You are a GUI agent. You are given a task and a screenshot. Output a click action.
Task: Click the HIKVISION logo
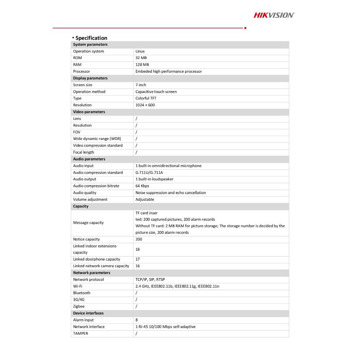click(x=274, y=15)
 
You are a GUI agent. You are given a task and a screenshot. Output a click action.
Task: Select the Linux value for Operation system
click(x=140, y=51)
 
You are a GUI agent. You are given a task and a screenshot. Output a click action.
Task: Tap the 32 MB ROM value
click(x=141, y=58)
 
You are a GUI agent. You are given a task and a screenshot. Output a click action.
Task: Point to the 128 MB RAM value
click(x=142, y=65)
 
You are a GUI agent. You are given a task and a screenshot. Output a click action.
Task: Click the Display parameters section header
click(x=90, y=78)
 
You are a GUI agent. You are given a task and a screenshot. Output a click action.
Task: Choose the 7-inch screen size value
click(x=141, y=85)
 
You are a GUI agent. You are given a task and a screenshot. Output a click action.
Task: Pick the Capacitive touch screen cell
click(x=156, y=92)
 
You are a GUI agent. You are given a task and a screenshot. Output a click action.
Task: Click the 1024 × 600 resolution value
click(x=145, y=105)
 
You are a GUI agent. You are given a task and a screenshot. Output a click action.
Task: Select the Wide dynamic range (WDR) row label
click(x=97, y=139)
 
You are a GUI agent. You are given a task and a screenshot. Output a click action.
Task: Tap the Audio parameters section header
click(x=89, y=159)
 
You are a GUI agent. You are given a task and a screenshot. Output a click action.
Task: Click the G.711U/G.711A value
click(x=149, y=173)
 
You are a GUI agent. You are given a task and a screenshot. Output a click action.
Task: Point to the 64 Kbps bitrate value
click(x=142, y=186)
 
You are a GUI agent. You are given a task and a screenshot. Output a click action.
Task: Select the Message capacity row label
click(x=88, y=223)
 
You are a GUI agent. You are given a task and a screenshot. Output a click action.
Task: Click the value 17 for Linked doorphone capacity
click(x=137, y=259)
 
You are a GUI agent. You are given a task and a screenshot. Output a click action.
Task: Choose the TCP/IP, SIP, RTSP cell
click(x=150, y=279)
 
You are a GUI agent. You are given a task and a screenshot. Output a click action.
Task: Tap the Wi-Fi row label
click(x=78, y=286)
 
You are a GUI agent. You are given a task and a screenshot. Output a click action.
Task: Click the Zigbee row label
click(x=79, y=307)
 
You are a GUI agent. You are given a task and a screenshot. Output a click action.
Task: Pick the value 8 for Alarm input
click(x=136, y=320)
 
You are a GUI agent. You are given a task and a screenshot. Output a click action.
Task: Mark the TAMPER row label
click(x=81, y=333)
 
